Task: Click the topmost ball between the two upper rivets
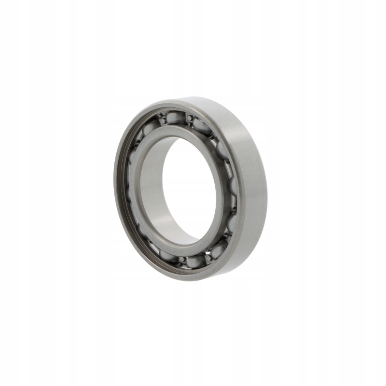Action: coord(176,117)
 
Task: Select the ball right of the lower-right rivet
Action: coord(219,249)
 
